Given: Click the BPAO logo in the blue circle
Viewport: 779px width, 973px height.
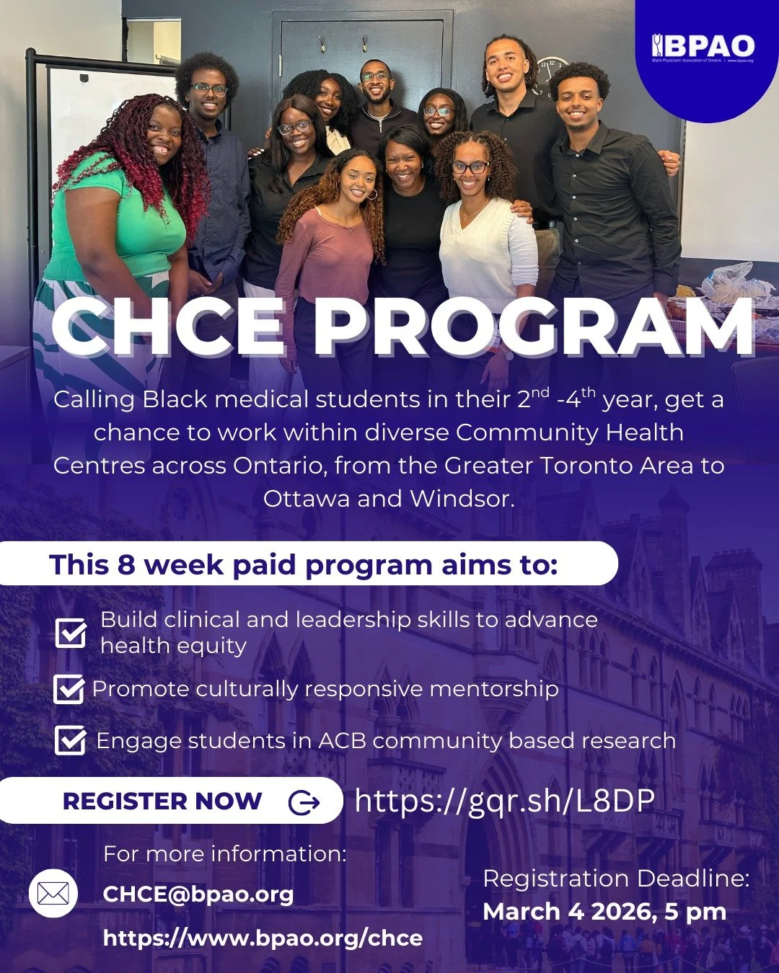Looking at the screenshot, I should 703,48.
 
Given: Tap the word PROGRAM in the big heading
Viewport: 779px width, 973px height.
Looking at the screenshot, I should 534,329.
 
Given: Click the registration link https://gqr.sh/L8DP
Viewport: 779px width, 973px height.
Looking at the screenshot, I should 505,801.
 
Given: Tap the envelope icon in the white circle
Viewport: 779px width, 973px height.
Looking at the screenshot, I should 53,894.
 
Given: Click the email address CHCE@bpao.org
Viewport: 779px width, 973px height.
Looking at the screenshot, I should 198,894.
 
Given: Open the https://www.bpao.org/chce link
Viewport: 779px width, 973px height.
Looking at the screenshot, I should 263,938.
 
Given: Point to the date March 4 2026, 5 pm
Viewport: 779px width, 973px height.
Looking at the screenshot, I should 604,912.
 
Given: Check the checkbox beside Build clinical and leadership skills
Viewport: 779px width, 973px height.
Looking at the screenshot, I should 71,633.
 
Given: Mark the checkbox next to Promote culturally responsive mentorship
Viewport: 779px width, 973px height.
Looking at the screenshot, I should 69,689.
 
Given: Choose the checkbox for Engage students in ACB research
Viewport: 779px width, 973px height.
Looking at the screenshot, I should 70,740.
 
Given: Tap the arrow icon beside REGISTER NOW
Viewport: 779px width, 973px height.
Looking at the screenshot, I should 304,801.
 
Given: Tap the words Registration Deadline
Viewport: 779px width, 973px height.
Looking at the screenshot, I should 617,879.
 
